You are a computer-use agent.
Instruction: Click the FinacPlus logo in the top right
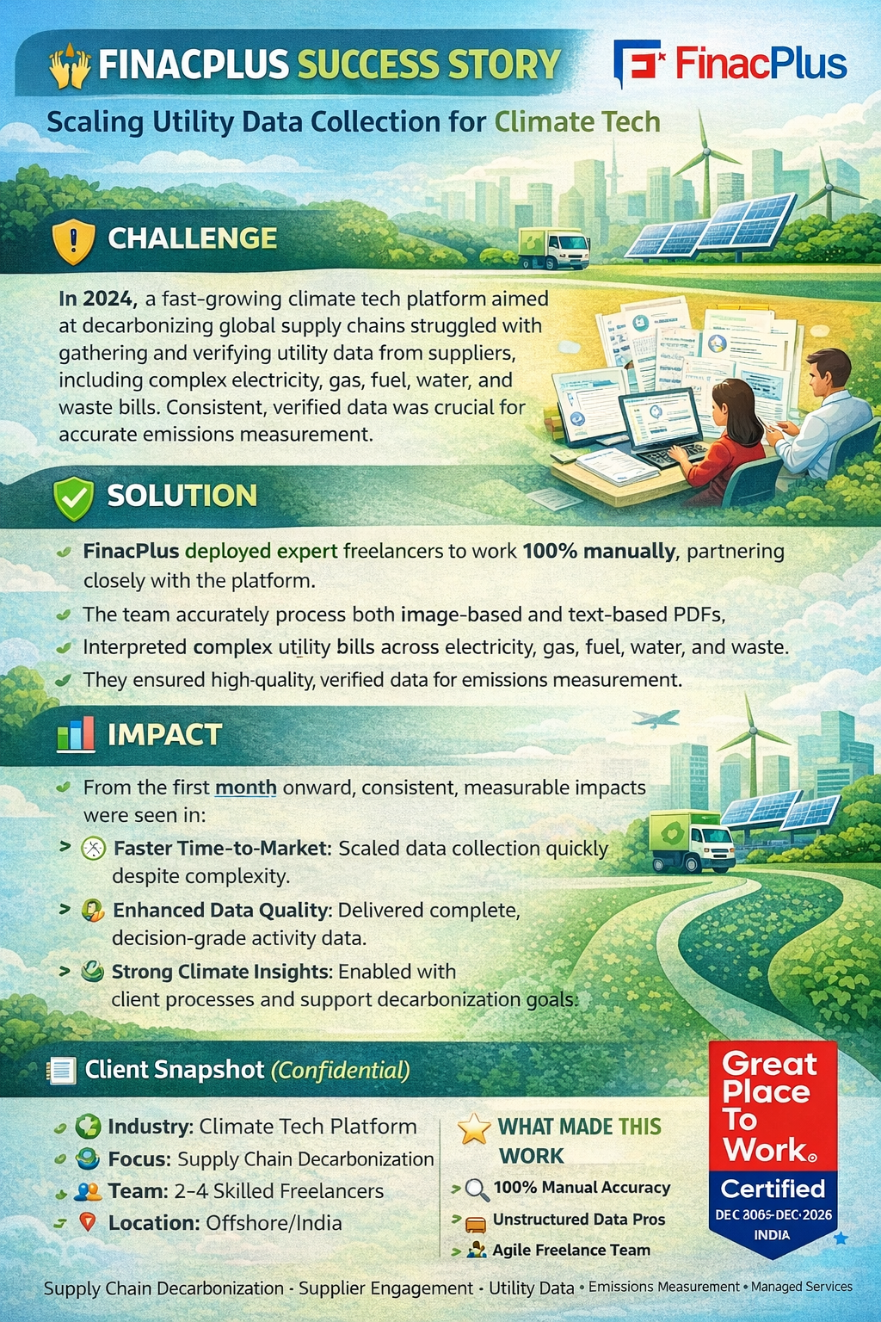point(730,63)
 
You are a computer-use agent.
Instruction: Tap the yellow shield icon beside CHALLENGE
point(74,241)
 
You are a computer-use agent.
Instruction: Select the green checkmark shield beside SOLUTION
point(73,498)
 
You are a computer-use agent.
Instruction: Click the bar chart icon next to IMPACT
point(76,733)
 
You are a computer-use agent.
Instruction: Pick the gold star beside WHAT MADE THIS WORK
point(474,1128)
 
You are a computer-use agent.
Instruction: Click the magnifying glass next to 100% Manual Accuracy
point(477,1189)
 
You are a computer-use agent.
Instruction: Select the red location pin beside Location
point(88,1221)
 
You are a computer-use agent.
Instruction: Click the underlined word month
point(245,788)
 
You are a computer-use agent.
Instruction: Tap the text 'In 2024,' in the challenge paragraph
point(98,299)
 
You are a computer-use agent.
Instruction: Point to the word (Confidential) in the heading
point(340,1070)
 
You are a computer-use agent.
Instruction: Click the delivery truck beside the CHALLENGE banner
point(553,249)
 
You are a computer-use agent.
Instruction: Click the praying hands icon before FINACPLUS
point(71,66)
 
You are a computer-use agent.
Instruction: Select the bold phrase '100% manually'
point(599,551)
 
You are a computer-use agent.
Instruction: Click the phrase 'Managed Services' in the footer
point(801,1287)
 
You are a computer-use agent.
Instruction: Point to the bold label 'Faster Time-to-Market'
point(221,849)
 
